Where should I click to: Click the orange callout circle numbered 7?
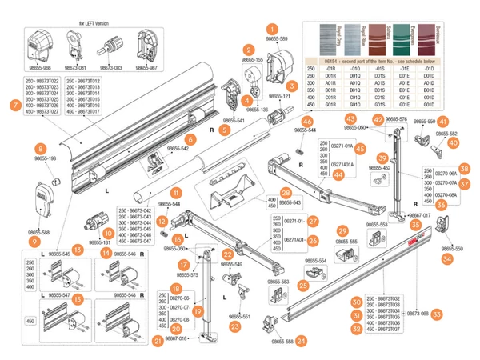coord(14,105)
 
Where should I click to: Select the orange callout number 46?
coord(307,121)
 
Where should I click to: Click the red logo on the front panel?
coord(414,238)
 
